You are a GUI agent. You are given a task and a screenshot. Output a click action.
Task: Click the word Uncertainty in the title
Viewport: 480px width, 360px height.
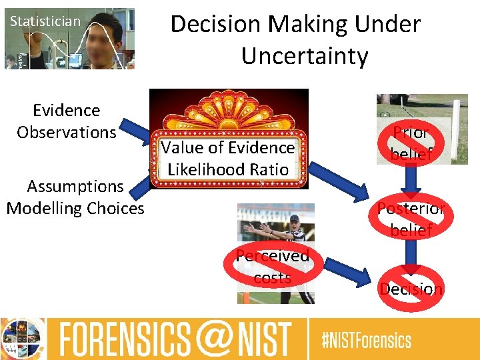click(305, 56)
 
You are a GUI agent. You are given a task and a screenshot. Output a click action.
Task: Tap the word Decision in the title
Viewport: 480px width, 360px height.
click(215, 24)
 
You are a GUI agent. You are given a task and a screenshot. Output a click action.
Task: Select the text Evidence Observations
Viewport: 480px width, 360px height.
click(67, 121)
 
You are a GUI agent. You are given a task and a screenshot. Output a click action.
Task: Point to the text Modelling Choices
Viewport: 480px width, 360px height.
click(75, 208)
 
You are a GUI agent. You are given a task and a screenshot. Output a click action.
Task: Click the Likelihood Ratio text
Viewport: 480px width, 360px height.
click(228, 169)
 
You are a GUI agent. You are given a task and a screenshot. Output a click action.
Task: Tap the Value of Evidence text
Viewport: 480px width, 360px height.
click(228, 147)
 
